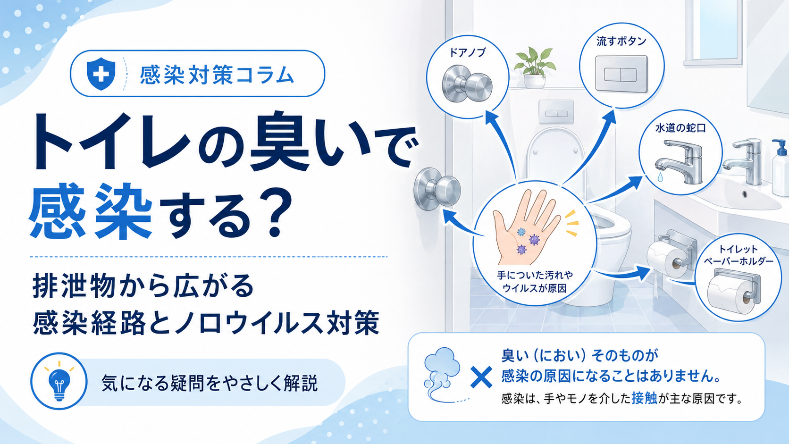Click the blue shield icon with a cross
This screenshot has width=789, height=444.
coord(101,74)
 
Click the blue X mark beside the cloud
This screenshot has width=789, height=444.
coord(481,377)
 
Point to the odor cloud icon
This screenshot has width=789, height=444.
coord(443,375)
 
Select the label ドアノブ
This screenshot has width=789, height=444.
coord(467,53)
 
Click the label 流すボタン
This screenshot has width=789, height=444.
coord(621,41)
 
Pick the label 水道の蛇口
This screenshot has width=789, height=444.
coord(680,128)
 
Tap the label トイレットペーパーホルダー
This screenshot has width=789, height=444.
coord(738,255)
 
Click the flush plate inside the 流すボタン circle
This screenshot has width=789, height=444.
coord(621,74)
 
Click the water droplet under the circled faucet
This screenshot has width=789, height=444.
coord(660,177)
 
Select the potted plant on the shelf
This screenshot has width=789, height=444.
coord(534,67)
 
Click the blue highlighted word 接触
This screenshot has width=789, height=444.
coord(644,398)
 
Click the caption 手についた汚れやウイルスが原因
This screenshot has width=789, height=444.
coord(535,281)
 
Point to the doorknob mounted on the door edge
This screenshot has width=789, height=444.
coord(437,189)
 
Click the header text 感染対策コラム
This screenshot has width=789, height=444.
coord(217,75)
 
